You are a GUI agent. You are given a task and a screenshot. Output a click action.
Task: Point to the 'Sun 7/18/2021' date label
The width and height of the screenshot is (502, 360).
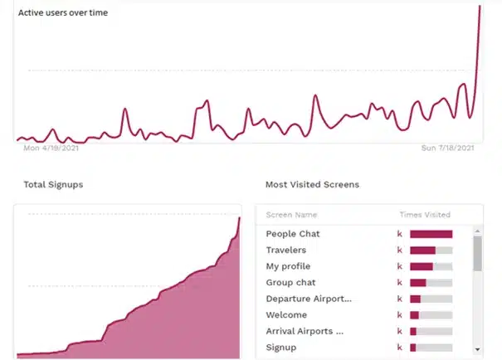pyautogui.click(x=448, y=148)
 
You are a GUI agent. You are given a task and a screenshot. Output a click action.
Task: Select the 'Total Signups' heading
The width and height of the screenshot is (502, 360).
pyautogui.click(x=53, y=184)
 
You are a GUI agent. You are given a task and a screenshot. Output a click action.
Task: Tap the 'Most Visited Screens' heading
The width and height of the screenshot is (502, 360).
pyautogui.click(x=312, y=184)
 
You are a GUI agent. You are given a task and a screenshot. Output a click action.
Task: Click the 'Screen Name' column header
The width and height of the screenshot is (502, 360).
pyautogui.click(x=291, y=215)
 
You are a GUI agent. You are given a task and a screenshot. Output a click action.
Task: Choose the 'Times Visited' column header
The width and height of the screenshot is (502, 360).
pyautogui.click(x=425, y=215)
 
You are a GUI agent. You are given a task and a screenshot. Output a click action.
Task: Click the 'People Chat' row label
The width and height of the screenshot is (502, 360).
pyautogui.click(x=293, y=234)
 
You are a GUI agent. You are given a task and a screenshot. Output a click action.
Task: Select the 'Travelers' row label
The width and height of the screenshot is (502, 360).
pyautogui.click(x=286, y=250)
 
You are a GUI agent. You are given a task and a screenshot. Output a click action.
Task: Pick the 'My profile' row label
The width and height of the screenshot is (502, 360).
pyautogui.click(x=288, y=266)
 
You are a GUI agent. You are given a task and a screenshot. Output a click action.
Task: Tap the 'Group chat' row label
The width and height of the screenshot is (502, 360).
pyautogui.click(x=290, y=283)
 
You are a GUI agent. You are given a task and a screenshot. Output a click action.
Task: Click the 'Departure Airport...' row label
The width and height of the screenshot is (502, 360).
pyautogui.click(x=309, y=299)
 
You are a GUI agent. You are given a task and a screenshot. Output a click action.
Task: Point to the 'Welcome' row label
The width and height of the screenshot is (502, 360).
pyautogui.click(x=286, y=315)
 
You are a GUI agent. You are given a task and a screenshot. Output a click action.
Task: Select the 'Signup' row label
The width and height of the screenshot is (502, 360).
pyautogui.click(x=281, y=348)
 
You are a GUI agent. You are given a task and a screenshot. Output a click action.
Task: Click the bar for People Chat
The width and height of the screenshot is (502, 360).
pyautogui.click(x=431, y=234)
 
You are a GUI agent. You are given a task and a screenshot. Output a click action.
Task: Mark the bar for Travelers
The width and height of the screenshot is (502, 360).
pyautogui.click(x=422, y=250)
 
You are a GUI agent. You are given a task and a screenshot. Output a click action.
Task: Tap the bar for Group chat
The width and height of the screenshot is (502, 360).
pyautogui.click(x=418, y=283)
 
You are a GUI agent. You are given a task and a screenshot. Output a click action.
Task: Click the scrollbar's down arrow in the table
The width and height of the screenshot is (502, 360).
pyautogui.click(x=477, y=349)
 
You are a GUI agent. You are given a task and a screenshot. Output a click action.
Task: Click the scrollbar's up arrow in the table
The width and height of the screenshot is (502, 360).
pyautogui.click(x=477, y=231)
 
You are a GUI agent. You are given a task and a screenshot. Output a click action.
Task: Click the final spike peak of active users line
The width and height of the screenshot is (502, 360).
pyautogui.click(x=480, y=7)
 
